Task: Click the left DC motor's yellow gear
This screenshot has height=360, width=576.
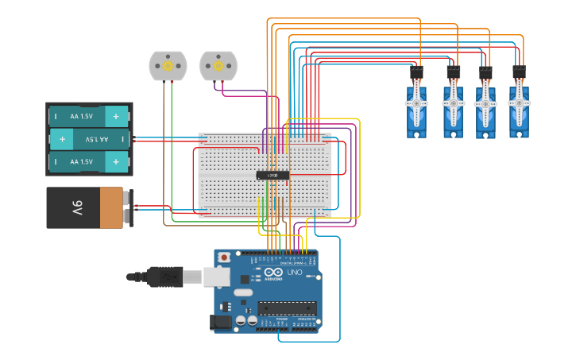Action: click(168, 67)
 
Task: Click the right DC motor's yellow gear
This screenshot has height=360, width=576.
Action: click(218, 67)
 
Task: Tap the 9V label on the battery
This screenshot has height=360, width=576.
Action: click(78, 208)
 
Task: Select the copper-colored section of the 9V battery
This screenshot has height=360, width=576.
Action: click(111, 208)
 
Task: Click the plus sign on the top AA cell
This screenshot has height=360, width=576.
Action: click(116, 116)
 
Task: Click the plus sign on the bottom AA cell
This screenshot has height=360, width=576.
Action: click(116, 161)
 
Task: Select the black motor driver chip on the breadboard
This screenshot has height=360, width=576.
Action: click(273, 174)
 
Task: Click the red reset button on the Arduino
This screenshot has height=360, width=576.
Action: click(225, 257)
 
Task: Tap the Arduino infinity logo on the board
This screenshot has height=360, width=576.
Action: click(273, 272)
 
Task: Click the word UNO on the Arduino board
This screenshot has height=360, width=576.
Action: click(295, 272)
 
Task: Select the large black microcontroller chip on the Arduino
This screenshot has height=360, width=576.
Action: click(287, 308)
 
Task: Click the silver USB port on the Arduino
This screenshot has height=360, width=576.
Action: click(217, 277)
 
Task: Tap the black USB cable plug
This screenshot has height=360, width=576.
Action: click(164, 277)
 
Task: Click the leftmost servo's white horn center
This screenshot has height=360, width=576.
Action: click(416, 103)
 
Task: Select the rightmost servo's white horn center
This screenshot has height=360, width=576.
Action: click(519, 103)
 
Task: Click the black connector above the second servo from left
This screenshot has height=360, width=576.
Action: click(453, 73)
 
